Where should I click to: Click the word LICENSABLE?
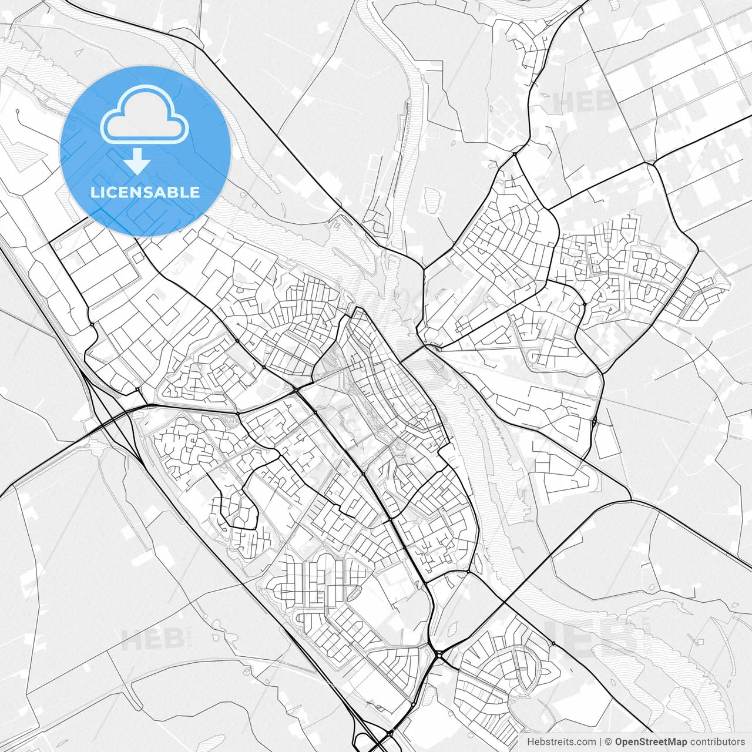[145, 192]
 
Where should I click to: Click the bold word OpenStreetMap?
[651, 742]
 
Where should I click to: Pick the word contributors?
[717, 742]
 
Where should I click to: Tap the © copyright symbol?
[609, 742]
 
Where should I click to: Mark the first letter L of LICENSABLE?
[95, 192]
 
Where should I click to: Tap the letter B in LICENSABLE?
[173, 192]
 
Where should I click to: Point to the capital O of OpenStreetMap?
[619, 742]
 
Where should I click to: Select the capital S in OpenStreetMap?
[643, 742]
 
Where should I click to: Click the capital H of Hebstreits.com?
[531, 742]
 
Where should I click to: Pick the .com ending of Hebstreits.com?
[584, 742]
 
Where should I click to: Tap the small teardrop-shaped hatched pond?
[453, 628]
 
